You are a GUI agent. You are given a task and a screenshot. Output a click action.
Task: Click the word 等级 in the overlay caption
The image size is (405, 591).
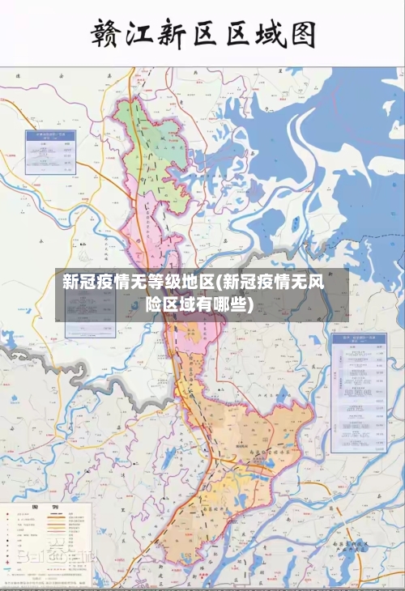pyautogui.click(x=163, y=283)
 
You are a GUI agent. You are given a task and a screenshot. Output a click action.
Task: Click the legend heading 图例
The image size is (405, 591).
pyautogui.click(x=36, y=508)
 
